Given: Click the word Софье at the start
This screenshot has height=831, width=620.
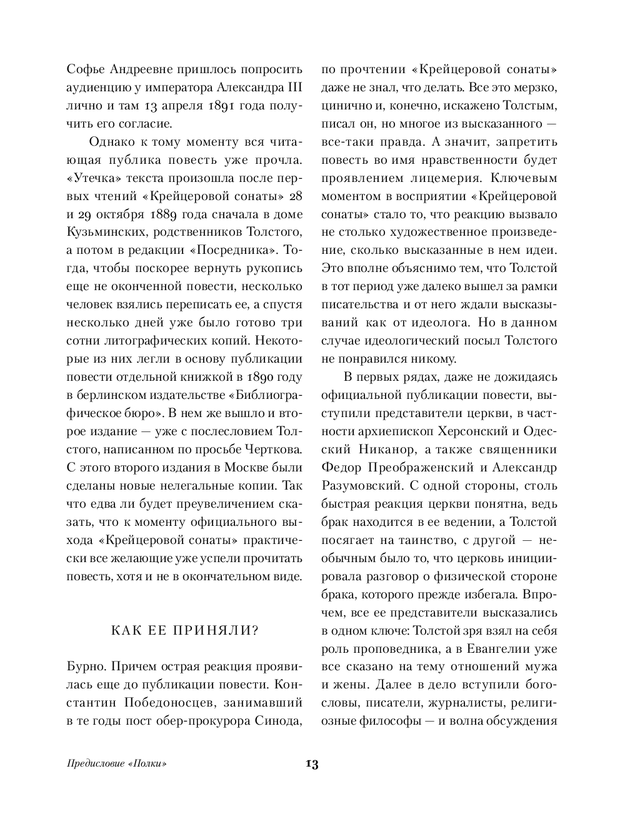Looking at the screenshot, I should (86, 69).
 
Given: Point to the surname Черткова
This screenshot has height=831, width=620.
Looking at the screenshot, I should (275, 450).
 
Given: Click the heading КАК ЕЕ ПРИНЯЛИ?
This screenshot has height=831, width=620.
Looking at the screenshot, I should (184, 630).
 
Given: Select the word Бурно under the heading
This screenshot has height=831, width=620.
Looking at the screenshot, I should (84, 667).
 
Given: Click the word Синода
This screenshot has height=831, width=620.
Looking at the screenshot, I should (277, 721).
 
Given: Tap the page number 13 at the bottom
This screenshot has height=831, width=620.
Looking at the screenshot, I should (311, 764).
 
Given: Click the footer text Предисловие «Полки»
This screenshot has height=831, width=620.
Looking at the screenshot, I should (118, 764).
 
